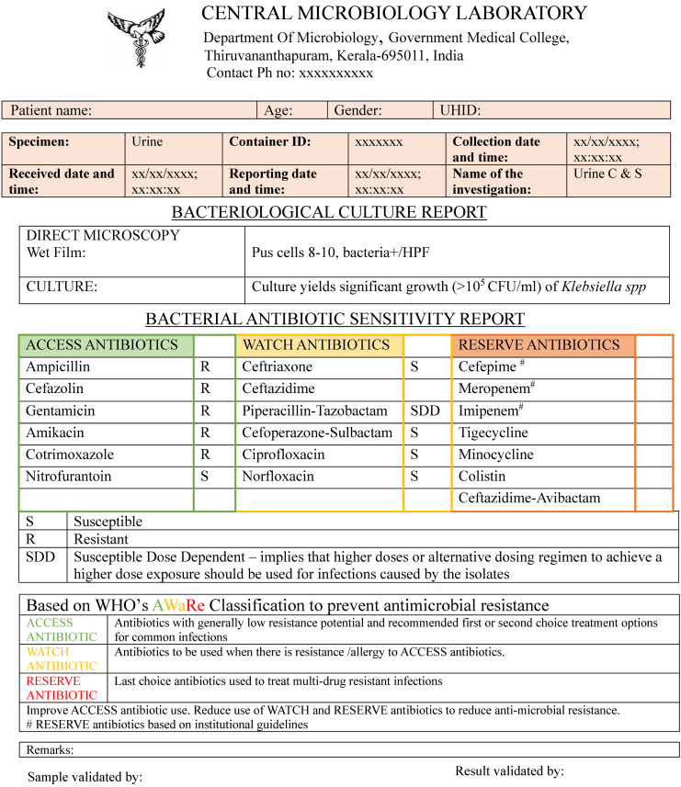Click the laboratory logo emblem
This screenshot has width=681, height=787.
pyautogui.click(x=138, y=39)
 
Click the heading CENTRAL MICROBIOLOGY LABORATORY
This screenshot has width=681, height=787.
pyautogui.click(x=393, y=13)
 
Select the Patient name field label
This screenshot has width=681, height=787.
pyautogui.click(x=51, y=110)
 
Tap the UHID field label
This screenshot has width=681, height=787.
pyautogui.click(x=460, y=110)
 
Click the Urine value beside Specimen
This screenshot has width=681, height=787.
pyautogui.click(x=147, y=142)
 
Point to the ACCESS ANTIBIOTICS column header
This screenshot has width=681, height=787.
pyautogui.click(x=102, y=345)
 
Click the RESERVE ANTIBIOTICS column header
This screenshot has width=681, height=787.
pyautogui.click(x=539, y=345)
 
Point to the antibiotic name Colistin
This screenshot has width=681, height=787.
pyautogui.click(x=482, y=478)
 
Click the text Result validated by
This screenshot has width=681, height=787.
pyautogui.click(x=509, y=770)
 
